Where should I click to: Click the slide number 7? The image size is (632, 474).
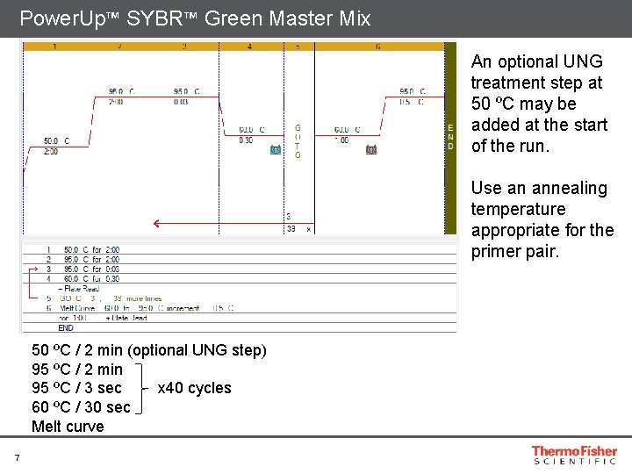17,457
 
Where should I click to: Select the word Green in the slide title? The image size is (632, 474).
236,18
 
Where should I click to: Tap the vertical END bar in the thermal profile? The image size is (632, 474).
451,136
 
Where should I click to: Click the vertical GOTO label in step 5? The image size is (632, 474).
298,140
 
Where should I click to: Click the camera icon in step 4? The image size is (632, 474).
276,149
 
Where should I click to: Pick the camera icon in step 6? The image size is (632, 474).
370,149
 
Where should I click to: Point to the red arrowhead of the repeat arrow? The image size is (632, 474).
156,223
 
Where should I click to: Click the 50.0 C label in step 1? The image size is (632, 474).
56,140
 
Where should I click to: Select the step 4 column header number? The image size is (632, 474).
249,46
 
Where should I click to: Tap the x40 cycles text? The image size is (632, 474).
194,388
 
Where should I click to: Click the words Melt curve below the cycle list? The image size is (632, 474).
68,427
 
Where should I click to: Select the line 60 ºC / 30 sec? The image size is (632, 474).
81,407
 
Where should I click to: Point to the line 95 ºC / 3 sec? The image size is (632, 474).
76,388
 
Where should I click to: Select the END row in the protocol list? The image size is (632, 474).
66,327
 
